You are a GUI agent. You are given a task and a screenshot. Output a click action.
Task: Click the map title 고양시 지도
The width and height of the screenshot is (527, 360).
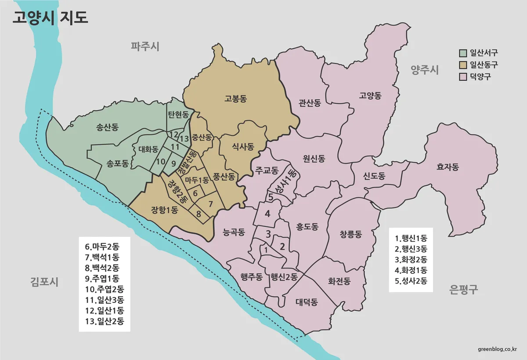[x=50, y=18]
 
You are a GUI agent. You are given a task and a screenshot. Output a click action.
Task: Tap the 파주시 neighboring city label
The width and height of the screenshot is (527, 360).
[x=144, y=46]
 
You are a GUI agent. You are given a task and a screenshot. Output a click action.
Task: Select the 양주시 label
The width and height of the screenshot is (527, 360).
[x=425, y=69]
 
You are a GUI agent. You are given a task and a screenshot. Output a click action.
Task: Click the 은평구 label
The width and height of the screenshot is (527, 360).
[x=464, y=289]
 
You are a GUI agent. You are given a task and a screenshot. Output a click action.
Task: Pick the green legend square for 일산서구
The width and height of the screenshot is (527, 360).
[x=462, y=54]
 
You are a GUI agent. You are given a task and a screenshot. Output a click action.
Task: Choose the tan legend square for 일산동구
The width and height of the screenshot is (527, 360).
[x=462, y=65]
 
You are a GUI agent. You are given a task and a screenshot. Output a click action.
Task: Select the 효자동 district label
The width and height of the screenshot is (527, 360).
[x=448, y=167]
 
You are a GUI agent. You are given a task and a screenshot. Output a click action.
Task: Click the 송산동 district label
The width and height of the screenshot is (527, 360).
[x=107, y=128]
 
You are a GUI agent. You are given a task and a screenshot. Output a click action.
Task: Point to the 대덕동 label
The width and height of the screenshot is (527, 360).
[x=307, y=302]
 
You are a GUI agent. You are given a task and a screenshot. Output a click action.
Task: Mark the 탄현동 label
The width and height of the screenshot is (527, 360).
[x=178, y=115]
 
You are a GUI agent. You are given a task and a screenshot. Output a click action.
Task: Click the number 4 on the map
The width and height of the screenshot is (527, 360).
[x=267, y=214]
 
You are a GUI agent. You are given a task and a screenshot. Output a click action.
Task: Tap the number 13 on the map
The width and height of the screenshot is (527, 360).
[x=184, y=139]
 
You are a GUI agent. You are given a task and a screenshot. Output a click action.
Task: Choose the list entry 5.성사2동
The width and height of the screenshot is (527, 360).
[x=411, y=281]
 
